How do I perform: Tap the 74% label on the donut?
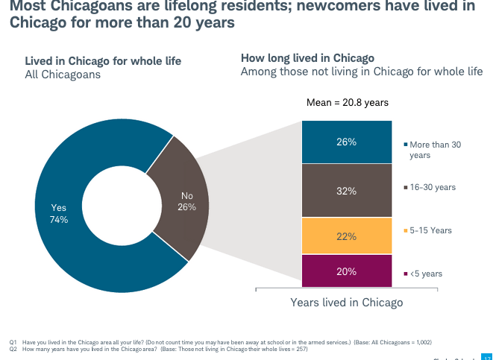pos(58,220)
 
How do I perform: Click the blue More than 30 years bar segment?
pos(346,142)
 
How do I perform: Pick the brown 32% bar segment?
pos(346,190)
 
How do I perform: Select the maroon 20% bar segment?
pos(346,271)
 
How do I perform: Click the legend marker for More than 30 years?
pos(404,145)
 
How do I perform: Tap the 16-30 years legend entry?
pos(432,186)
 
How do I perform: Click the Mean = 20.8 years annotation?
pos(348,103)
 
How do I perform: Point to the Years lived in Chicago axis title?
pos(346,303)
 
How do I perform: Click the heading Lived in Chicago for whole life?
pos(103,61)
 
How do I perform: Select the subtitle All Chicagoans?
pos(63,75)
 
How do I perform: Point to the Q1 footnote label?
pos(13,342)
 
